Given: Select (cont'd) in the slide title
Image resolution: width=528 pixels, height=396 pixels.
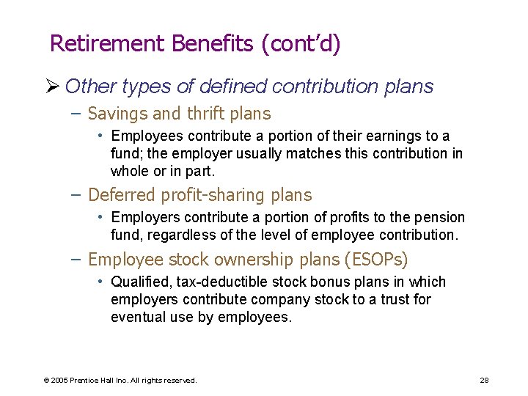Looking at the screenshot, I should pyautogui.click(x=301, y=44).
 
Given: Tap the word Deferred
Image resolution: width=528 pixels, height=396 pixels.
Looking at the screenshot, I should pyautogui.click(x=122, y=195).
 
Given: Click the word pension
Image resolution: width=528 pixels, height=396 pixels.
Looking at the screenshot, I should pyautogui.click(x=441, y=218).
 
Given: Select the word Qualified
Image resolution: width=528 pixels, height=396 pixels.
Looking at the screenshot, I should pyautogui.click(x=138, y=282).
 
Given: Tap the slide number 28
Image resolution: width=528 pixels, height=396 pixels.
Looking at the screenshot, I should pyautogui.click(x=484, y=381).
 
